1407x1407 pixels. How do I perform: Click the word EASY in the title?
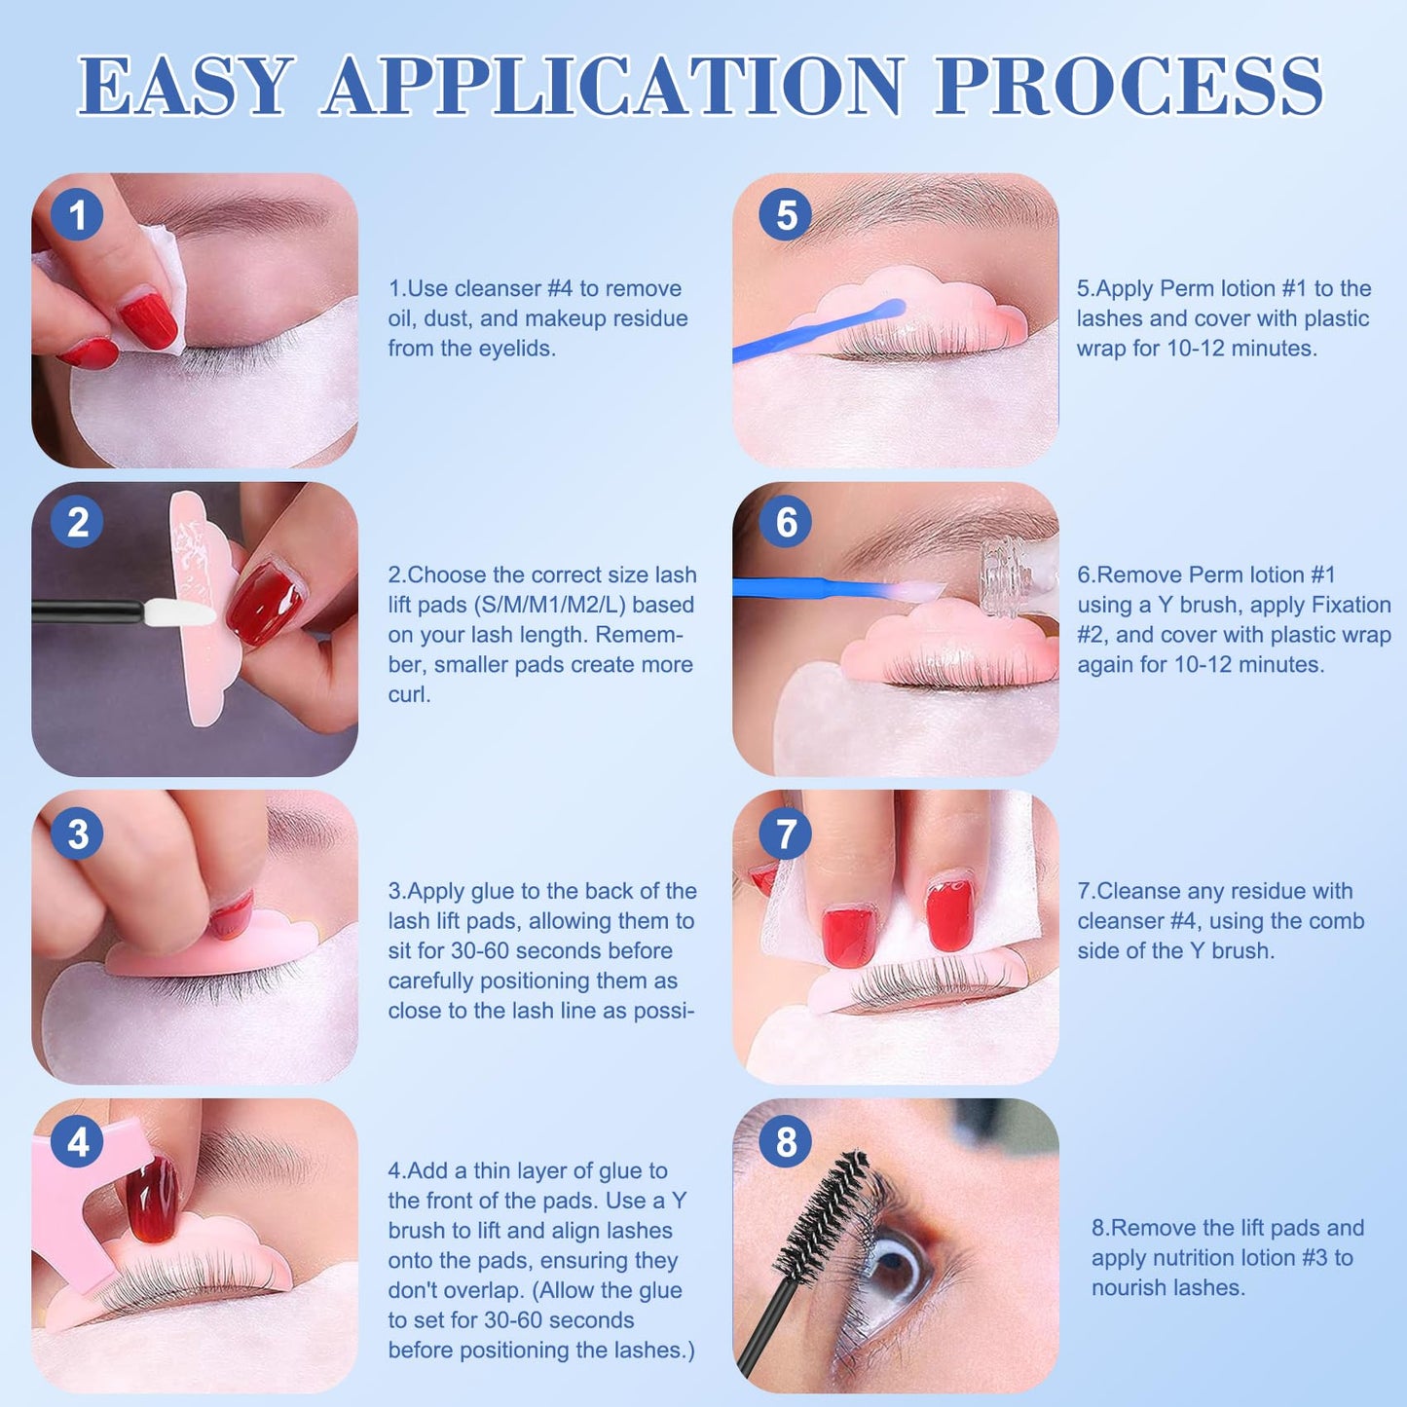[x=186, y=86]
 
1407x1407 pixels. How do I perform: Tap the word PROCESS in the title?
[x=1129, y=86]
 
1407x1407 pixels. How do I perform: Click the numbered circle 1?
[x=77, y=214]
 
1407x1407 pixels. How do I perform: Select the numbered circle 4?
[x=77, y=1142]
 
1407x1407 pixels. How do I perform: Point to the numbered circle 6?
[x=786, y=523]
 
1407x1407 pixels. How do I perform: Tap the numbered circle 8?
[x=786, y=1142]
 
